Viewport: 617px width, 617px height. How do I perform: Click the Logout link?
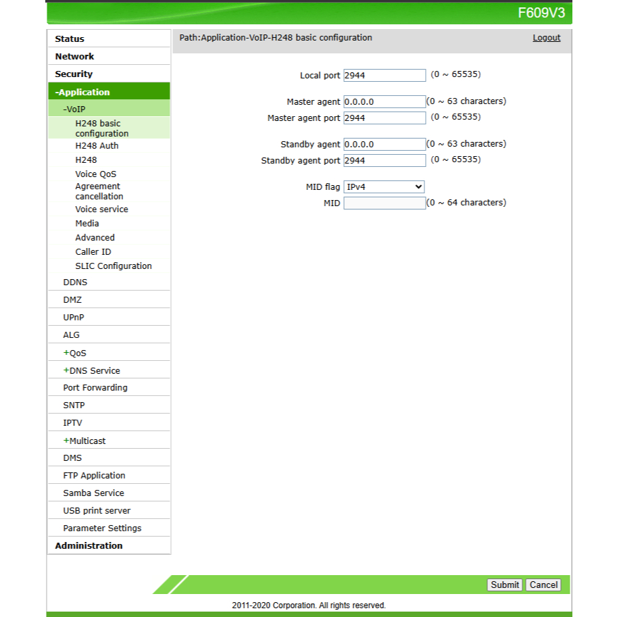point(546,38)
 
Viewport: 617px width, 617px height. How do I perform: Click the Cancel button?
point(543,585)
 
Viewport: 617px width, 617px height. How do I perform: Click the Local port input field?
point(385,76)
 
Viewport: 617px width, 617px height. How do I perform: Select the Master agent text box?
point(385,102)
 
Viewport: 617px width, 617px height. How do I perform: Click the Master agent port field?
point(385,118)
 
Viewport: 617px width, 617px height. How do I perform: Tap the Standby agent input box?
point(385,145)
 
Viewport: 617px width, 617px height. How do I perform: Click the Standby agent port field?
point(385,161)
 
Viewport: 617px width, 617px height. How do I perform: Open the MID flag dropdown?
point(384,187)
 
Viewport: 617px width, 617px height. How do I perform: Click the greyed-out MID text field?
point(385,203)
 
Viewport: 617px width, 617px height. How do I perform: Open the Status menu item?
point(70,39)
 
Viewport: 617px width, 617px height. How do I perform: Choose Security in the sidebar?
point(74,74)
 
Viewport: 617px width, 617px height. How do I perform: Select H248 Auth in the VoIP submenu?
point(97,146)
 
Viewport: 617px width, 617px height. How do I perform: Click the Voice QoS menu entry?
point(95,174)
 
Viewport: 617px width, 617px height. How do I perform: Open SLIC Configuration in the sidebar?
point(114,266)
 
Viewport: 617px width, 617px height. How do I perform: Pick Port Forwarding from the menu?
point(95,388)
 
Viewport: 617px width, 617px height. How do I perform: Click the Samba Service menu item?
point(93,493)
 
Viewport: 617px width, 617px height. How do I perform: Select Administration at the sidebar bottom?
point(89,546)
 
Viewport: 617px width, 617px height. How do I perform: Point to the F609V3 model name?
point(541,13)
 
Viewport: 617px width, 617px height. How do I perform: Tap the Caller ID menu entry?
point(93,252)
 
